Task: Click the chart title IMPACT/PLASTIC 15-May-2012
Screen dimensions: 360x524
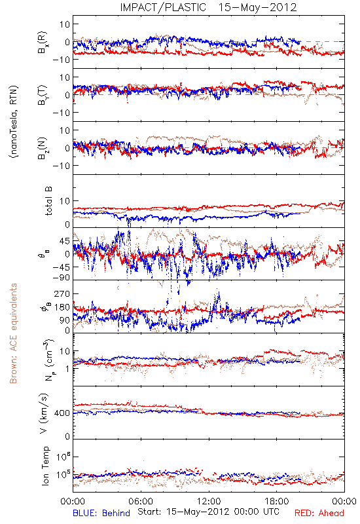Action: tap(208, 7)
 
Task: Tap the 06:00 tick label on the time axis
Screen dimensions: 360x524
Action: tap(141, 501)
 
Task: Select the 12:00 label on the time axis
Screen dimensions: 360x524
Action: tap(209, 501)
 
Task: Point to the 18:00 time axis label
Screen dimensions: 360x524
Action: tap(277, 501)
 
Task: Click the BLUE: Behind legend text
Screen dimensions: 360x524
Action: tap(101, 513)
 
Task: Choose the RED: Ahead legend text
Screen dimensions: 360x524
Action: tap(319, 513)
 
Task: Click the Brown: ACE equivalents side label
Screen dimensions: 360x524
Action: tap(13, 333)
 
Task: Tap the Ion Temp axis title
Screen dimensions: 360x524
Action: tap(45, 466)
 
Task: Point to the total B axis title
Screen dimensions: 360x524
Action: tap(48, 201)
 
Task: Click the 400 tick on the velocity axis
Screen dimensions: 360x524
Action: tap(62, 413)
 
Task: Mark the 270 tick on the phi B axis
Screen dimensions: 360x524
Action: tap(62, 293)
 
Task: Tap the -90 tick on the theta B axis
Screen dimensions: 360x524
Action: tap(61, 278)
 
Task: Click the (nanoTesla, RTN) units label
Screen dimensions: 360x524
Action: tap(14, 122)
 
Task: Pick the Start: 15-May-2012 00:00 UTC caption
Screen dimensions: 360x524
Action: tap(208, 512)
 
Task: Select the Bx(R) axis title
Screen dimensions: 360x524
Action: tap(43, 43)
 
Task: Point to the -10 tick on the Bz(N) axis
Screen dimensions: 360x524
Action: tap(61, 166)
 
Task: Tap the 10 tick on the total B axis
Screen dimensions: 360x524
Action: tap(65, 201)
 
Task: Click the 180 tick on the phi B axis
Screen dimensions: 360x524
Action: tap(62, 307)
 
